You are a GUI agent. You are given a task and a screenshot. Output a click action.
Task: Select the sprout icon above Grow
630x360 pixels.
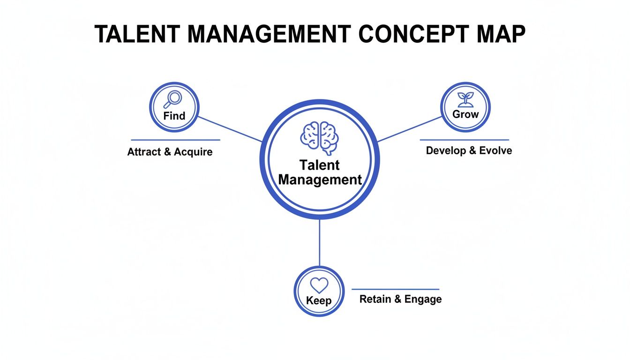pyautogui.click(x=465, y=99)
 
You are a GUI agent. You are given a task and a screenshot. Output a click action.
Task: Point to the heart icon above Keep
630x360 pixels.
pyautogui.click(x=319, y=285)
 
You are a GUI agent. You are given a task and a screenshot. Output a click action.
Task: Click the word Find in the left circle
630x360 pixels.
pyautogui.click(x=174, y=116)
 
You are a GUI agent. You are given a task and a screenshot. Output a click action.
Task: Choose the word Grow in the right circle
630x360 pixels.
pyautogui.click(x=465, y=114)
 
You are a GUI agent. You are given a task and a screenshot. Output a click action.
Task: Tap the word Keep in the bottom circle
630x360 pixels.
pyautogui.click(x=319, y=300)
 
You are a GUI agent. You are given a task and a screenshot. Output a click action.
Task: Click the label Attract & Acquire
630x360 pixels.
pyautogui.click(x=170, y=152)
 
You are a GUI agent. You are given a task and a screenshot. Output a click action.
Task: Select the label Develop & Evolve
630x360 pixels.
pyautogui.click(x=469, y=150)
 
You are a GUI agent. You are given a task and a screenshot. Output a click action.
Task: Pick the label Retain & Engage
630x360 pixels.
pyautogui.click(x=400, y=299)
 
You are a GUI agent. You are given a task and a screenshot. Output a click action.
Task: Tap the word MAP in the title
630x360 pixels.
pyautogui.click(x=501, y=34)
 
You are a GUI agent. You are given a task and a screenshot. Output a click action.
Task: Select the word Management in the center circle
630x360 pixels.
pyautogui.click(x=320, y=180)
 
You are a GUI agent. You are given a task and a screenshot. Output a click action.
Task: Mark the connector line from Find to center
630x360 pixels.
pyautogui.click(x=230, y=129)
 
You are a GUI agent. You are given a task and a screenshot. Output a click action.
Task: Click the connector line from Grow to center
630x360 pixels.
pyautogui.click(x=409, y=128)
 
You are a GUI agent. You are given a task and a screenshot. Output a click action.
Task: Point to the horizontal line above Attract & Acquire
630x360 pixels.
pyautogui.click(x=175, y=140)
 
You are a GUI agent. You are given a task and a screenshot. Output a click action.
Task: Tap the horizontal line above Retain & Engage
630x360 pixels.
pyautogui.click(x=395, y=289)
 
